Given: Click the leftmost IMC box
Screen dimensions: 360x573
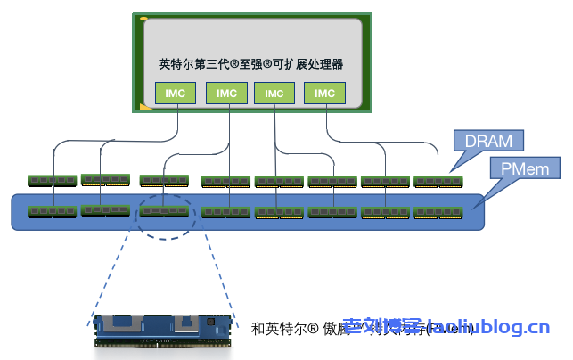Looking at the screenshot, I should point(175,93).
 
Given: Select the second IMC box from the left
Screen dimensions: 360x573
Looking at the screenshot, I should point(226,93).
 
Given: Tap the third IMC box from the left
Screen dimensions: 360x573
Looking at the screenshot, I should point(274,93).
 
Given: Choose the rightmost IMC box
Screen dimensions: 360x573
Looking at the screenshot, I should point(325,93).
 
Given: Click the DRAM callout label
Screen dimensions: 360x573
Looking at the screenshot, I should point(487,141).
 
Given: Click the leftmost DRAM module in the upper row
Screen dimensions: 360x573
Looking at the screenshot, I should point(53,181).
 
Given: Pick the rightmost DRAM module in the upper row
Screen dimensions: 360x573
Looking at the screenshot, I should point(438,182).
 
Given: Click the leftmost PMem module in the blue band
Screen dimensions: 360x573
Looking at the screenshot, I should point(53,212).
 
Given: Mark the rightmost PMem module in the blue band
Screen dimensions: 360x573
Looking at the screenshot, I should point(438,213).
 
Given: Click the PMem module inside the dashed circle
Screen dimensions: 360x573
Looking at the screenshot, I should point(164,211).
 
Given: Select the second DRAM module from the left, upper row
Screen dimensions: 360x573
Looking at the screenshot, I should point(105,180).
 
